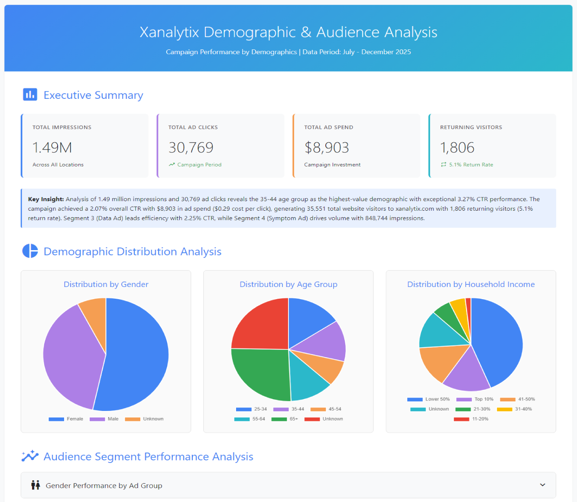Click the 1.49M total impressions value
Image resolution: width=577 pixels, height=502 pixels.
coord(52,148)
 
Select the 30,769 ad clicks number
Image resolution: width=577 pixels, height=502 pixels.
coord(191,148)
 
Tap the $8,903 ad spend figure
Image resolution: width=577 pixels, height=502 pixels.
coord(327,148)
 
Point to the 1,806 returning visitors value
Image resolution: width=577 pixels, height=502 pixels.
coord(457,148)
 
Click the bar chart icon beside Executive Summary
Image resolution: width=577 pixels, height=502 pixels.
coord(30,95)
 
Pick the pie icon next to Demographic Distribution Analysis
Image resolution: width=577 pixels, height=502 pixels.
coord(30,251)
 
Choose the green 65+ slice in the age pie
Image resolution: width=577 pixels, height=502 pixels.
coord(260,373)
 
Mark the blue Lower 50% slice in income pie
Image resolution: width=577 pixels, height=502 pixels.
coord(498,342)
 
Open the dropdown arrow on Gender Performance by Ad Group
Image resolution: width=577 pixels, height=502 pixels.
coord(542,485)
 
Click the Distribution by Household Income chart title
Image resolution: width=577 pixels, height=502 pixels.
coord(471,284)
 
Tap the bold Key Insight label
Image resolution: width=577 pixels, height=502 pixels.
coord(46,199)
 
